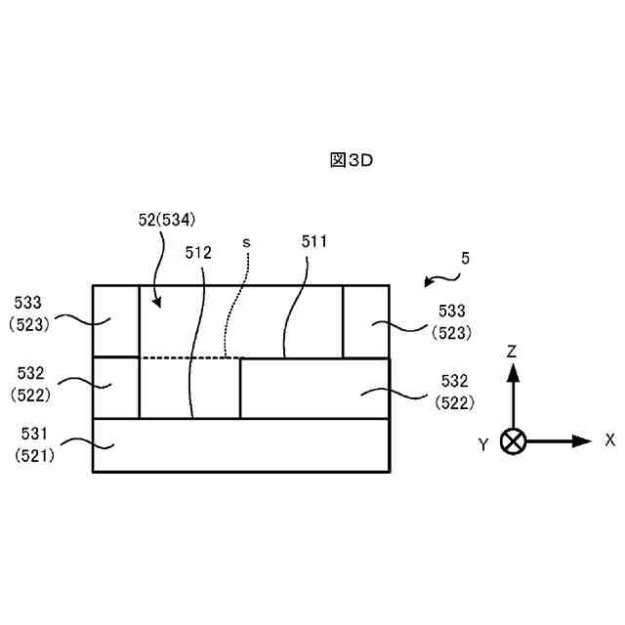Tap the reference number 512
198,252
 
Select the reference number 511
314,241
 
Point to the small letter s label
247,239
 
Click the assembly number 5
466,259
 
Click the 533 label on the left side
26,303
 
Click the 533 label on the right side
453,311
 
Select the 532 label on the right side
453,381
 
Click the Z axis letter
512,350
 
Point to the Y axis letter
482,445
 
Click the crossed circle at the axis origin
512,440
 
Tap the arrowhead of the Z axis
512,370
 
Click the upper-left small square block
116,321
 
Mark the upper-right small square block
366,321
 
